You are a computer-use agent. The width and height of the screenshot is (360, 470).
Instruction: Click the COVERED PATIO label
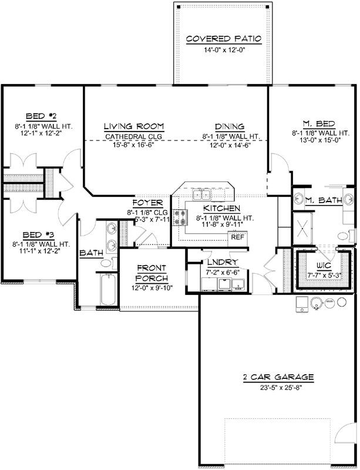(223, 39)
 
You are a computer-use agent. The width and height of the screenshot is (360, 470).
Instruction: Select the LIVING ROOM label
(133, 126)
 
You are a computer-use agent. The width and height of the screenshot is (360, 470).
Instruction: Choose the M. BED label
(319, 123)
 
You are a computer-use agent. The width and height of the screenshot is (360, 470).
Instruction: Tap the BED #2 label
(40, 116)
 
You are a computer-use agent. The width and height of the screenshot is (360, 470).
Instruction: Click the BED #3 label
(40, 233)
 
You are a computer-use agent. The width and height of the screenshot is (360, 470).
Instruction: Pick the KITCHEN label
(221, 209)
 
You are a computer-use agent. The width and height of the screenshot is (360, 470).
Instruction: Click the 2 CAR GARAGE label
(278, 377)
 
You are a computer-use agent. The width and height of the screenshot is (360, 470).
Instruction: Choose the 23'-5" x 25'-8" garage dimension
(278, 387)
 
